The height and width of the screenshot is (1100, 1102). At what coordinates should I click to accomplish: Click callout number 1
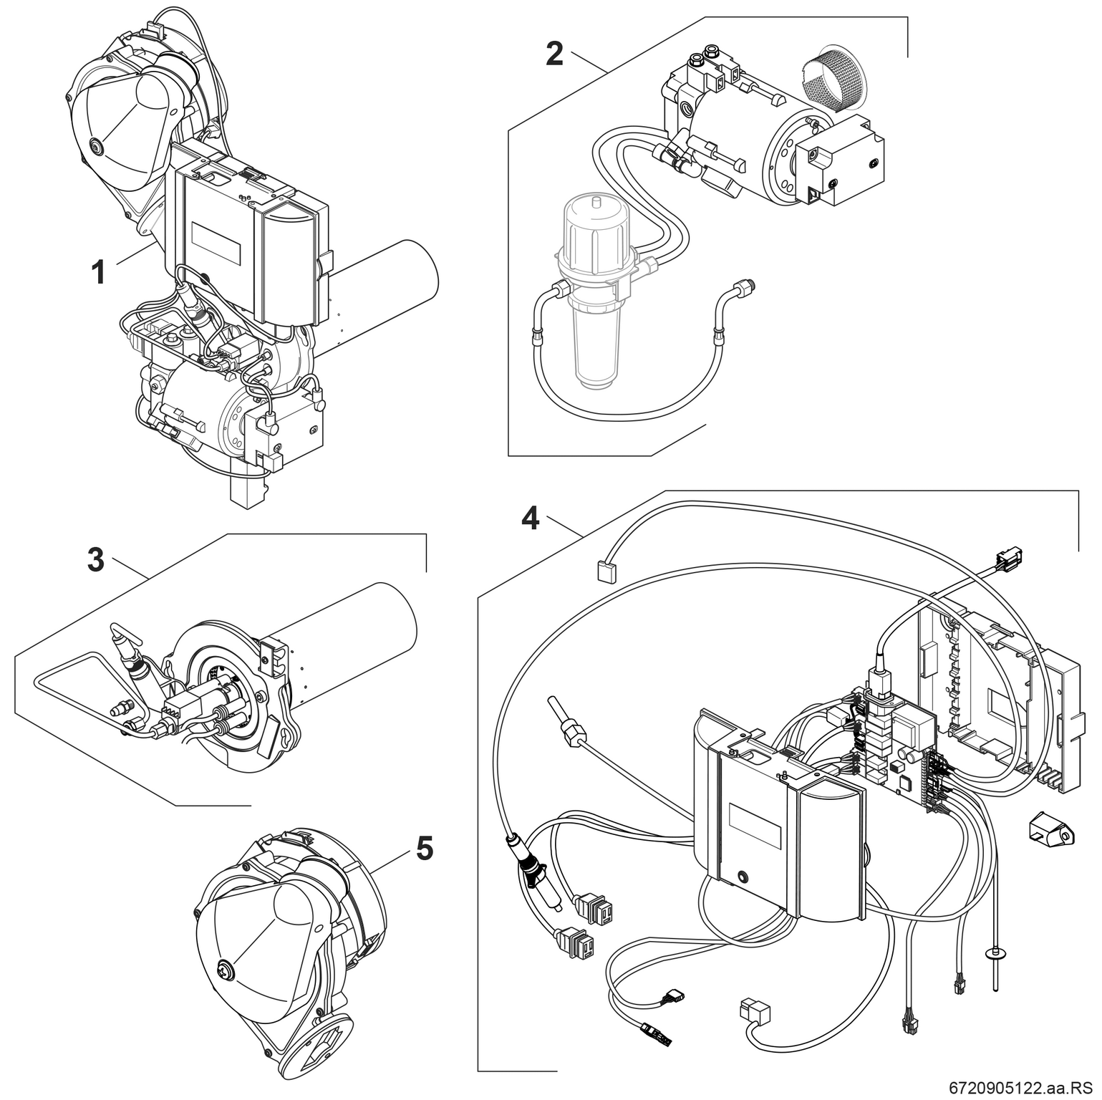pos(100,272)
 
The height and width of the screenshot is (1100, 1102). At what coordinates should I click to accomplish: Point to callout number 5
pos(424,849)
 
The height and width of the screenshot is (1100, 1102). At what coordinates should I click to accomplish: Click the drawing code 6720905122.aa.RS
pos(1024,1088)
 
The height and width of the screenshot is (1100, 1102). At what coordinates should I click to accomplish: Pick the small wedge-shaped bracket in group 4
pos(1050,834)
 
